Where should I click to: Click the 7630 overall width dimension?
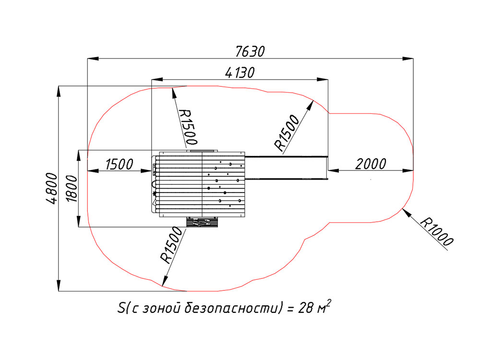coord(251,51)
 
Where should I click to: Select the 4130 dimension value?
coord(240,72)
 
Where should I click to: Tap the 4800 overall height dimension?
coord(52,188)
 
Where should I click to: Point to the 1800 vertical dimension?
coord(71,188)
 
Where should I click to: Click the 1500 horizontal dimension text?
coord(119,164)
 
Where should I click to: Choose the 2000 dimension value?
coord(370,164)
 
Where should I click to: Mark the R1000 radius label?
coord(436,232)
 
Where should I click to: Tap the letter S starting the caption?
coord(121,307)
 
